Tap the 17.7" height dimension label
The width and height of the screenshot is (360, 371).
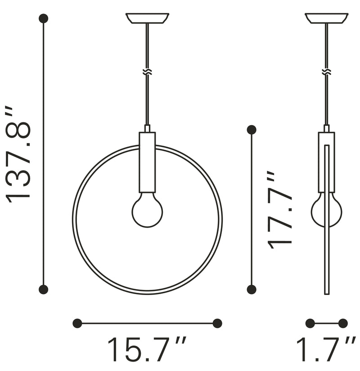(279, 210)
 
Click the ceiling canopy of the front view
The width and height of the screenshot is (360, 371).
(147, 18)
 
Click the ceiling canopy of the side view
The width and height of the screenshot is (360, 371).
(326, 18)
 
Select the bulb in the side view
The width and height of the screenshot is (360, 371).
(326, 210)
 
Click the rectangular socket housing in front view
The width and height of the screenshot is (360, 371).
(147, 162)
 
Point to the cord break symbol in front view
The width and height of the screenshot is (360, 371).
(147, 72)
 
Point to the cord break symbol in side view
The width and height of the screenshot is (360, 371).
(326, 72)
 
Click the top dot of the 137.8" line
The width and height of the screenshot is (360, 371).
(43, 18)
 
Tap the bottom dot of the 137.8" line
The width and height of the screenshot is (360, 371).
(43, 289)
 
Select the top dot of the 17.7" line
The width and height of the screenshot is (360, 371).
(252, 130)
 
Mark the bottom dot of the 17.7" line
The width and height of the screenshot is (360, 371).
(252, 289)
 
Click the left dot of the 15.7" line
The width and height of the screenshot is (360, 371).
(77, 323)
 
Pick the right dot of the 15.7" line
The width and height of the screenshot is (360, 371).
(217, 323)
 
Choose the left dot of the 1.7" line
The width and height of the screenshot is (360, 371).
(310, 323)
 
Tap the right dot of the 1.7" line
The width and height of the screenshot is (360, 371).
(343, 323)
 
